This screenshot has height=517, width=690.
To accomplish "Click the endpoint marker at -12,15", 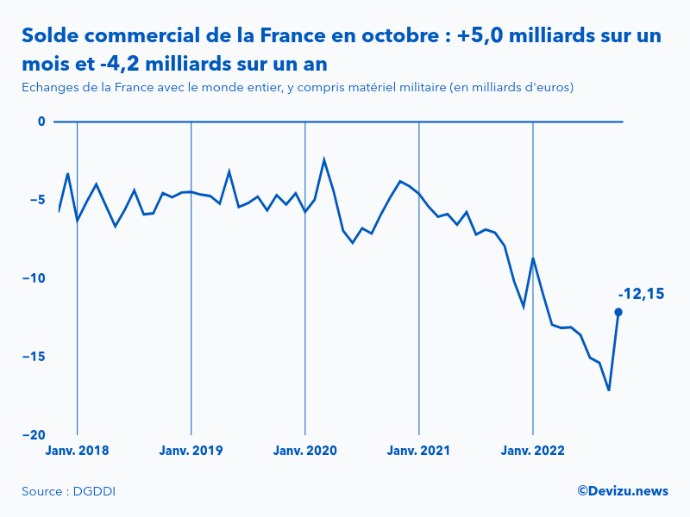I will [x=618, y=312].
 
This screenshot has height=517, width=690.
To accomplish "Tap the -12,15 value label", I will [x=641, y=293].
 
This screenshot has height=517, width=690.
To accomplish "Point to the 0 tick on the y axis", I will [x=41, y=121].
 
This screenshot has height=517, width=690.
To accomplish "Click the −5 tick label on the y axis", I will [x=37, y=200].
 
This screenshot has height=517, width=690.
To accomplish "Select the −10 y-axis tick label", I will [x=34, y=278].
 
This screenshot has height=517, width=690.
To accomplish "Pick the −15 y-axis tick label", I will [x=34, y=357].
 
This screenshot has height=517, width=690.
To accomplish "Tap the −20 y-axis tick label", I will [x=34, y=435].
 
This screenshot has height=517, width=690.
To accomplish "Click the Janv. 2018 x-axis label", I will [x=77, y=450].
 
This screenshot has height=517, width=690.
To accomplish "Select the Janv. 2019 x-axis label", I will [x=191, y=450].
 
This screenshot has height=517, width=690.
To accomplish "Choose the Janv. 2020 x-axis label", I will [x=304, y=450].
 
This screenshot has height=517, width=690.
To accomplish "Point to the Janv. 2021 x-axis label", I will [x=418, y=450].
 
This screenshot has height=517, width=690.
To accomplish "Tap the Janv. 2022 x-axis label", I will [x=533, y=450].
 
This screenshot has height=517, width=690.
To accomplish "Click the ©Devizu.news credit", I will [x=622, y=490].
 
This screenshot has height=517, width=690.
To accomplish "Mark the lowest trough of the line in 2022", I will [x=609, y=390].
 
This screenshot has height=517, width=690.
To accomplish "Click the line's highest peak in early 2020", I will [x=324, y=159].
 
